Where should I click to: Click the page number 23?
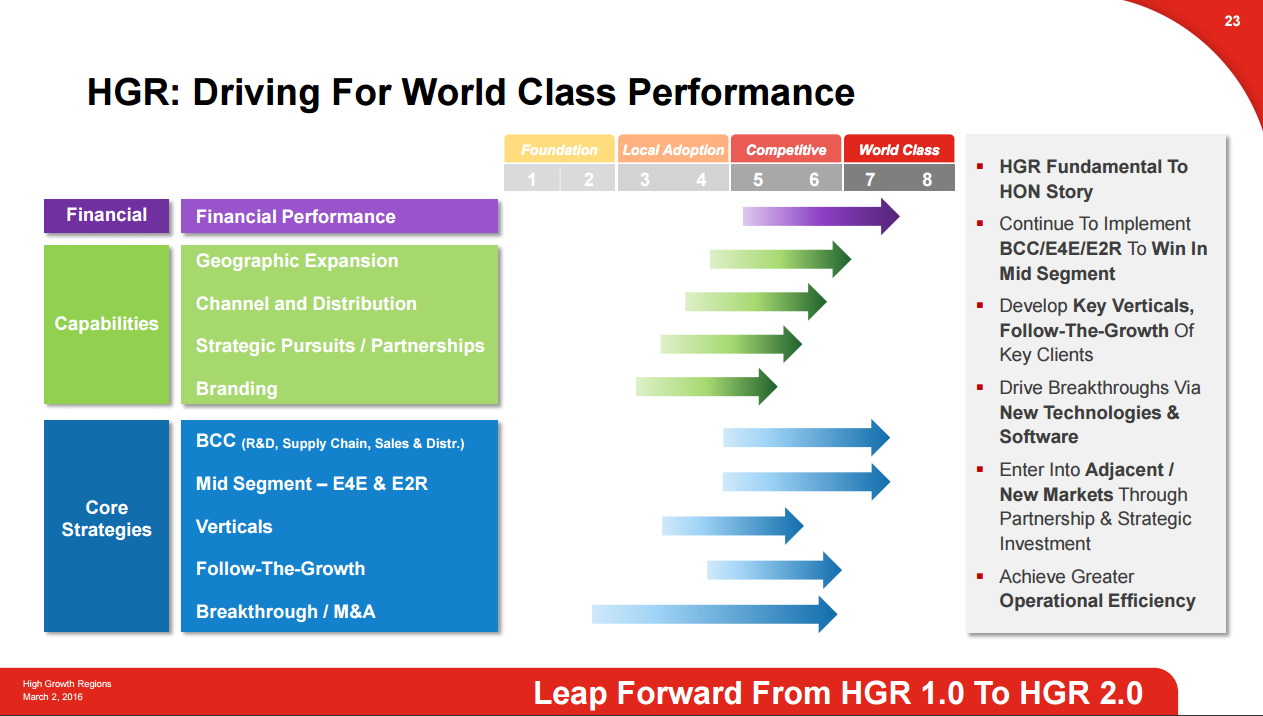click(1232, 21)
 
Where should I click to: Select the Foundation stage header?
click(559, 150)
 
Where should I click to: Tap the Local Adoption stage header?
click(673, 150)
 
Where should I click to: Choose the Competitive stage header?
click(786, 150)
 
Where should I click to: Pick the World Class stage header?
click(899, 150)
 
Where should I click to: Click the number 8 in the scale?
click(927, 180)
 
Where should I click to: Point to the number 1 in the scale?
click(532, 180)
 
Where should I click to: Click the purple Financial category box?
click(106, 215)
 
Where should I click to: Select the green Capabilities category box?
click(106, 324)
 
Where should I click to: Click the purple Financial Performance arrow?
click(820, 216)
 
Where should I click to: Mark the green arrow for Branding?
click(706, 386)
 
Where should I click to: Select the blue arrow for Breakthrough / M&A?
click(714, 613)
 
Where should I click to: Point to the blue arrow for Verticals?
click(732, 525)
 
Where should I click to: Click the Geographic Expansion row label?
click(297, 261)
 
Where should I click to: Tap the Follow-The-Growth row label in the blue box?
click(280, 569)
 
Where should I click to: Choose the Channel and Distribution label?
click(306, 304)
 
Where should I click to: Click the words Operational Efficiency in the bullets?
click(1097, 601)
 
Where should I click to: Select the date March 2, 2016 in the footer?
click(53, 696)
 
